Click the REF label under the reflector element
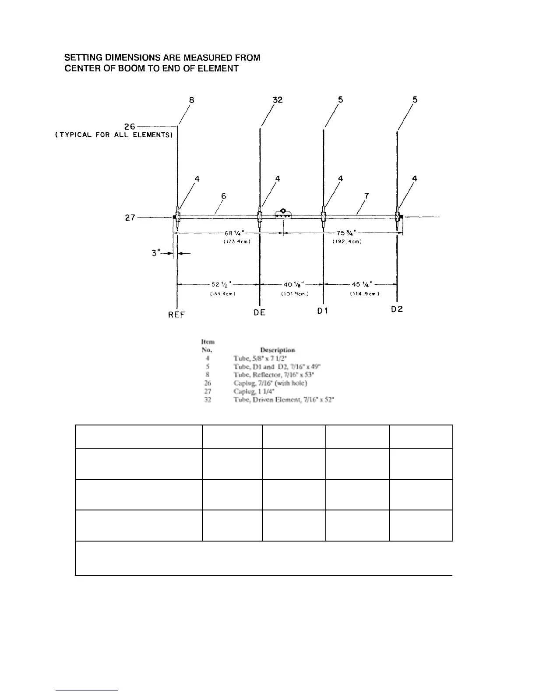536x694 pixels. pyautogui.click(x=176, y=315)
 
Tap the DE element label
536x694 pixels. pyautogui.click(x=260, y=312)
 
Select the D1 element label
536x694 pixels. pyautogui.click(x=323, y=310)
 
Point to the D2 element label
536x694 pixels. pyautogui.click(x=397, y=309)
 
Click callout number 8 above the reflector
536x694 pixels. pyautogui.click(x=191, y=100)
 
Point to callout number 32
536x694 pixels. pyautogui.click(x=278, y=100)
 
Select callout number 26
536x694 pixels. pyautogui.click(x=130, y=127)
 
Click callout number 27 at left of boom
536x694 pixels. pyautogui.click(x=130, y=217)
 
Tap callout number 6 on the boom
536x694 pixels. pyautogui.click(x=223, y=196)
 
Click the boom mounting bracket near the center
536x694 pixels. pyautogui.click(x=283, y=214)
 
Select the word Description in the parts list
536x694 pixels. pyautogui.click(x=277, y=350)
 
